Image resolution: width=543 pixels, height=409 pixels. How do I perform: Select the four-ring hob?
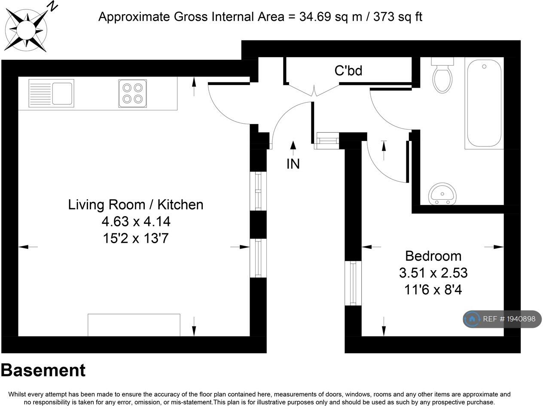pos(133,94)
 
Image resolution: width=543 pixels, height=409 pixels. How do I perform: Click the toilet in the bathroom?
pos(442,75)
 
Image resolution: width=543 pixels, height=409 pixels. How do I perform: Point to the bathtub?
pos(484,103)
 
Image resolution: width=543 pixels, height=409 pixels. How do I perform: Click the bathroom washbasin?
pos(442,194)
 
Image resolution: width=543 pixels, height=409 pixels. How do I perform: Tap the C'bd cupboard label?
pos(348,71)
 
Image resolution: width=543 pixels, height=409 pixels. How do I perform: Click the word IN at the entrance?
pos(293,164)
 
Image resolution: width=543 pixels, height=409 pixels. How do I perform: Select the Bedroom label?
pos(433,256)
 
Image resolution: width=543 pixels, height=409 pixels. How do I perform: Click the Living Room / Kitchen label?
pos(136,205)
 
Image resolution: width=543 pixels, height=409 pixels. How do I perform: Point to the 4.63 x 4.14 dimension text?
pos(136,221)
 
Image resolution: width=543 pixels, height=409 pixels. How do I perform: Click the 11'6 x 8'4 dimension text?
pos(433,290)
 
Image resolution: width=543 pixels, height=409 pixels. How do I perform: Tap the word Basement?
pos(43,370)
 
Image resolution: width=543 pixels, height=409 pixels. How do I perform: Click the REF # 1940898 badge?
pos(502,319)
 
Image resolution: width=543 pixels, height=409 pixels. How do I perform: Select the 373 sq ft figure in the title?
pos(398,17)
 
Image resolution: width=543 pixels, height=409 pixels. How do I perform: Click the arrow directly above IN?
pos(293,148)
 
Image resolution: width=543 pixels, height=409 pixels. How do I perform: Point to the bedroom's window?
pos(353,283)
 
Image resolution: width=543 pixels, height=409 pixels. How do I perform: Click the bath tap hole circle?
pos(484,67)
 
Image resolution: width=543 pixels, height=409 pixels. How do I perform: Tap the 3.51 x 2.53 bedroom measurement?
pos(433,273)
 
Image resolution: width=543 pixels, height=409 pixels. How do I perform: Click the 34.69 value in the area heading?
pos(315,17)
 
